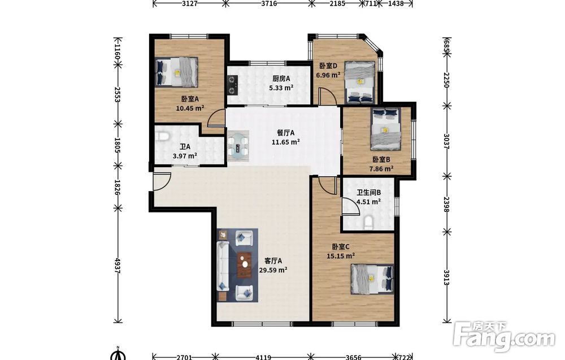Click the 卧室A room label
(x=190, y=99)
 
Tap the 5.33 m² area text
(x=281, y=88)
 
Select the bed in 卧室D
(x=359, y=82)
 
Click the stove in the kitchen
(x=232, y=84)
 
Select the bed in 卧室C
(x=372, y=279)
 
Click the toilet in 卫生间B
(x=368, y=222)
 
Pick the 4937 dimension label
(x=117, y=265)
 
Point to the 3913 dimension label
(x=447, y=277)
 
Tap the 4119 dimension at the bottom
(x=263, y=357)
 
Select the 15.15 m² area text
(x=341, y=256)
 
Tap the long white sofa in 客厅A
(x=223, y=266)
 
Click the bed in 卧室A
(x=176, y=72)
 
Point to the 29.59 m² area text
(x=273, y=270)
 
